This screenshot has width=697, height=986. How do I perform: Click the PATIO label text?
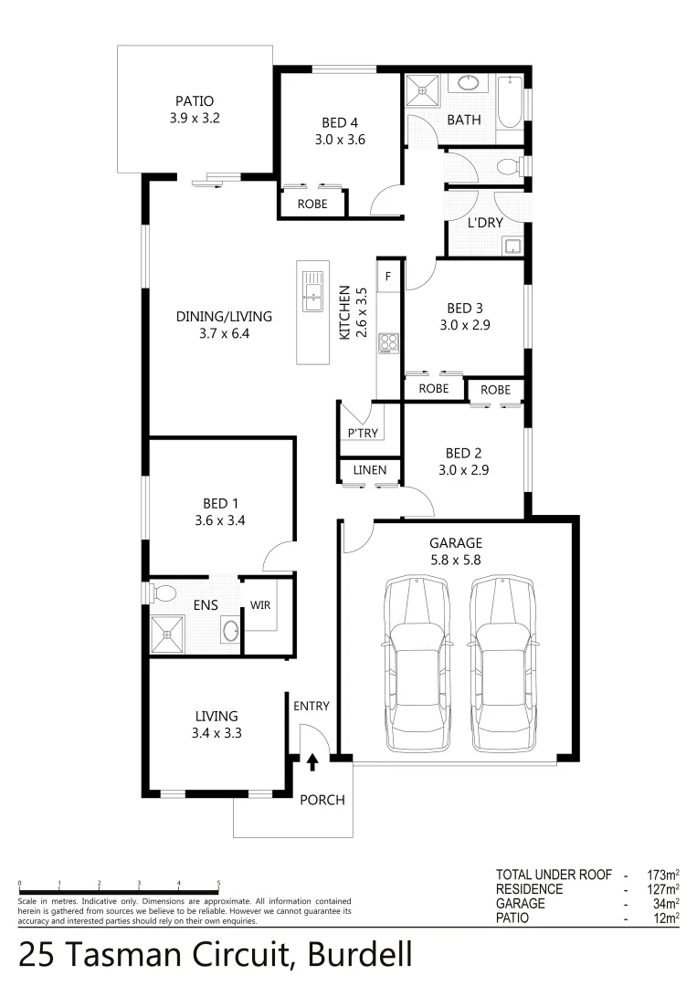[x=195, y=101]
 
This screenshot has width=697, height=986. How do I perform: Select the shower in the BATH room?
[x=422, y=90]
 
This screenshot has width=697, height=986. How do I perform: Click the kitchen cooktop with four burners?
[x=388, y=342]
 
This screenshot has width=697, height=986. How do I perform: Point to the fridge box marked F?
[x=388, y=276]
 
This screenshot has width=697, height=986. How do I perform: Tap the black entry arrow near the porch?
[x=312, y=760]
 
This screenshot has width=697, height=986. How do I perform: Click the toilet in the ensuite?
[x=164, y=593]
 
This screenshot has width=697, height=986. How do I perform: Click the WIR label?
[x=259, y=604]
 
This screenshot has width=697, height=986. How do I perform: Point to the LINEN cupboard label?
[x=370, y=470]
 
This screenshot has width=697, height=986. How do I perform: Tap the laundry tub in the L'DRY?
[x=512, y=245]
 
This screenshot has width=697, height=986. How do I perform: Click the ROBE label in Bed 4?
[x=312, y=205]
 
